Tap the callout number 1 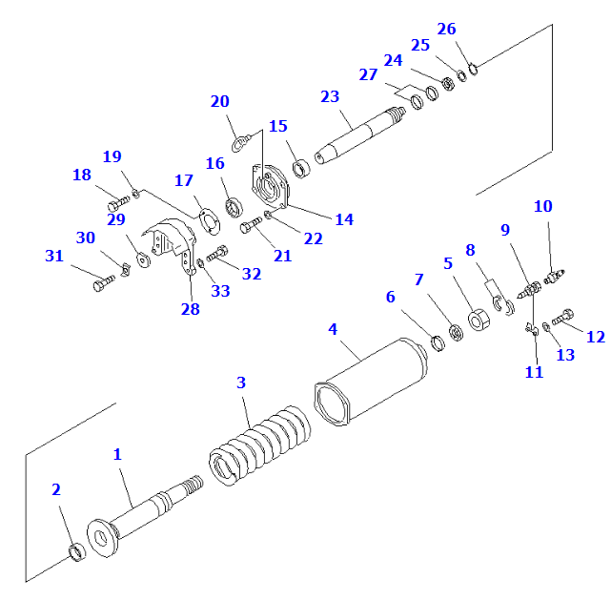(117, 455)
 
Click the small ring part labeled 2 (78, 552)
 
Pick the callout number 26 (446, 29)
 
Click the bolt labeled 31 (103, 283)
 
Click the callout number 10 (542, 206)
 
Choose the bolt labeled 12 (565, 315)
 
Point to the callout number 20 (219, 102)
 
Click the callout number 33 (220, 291)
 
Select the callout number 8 (470, 250)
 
